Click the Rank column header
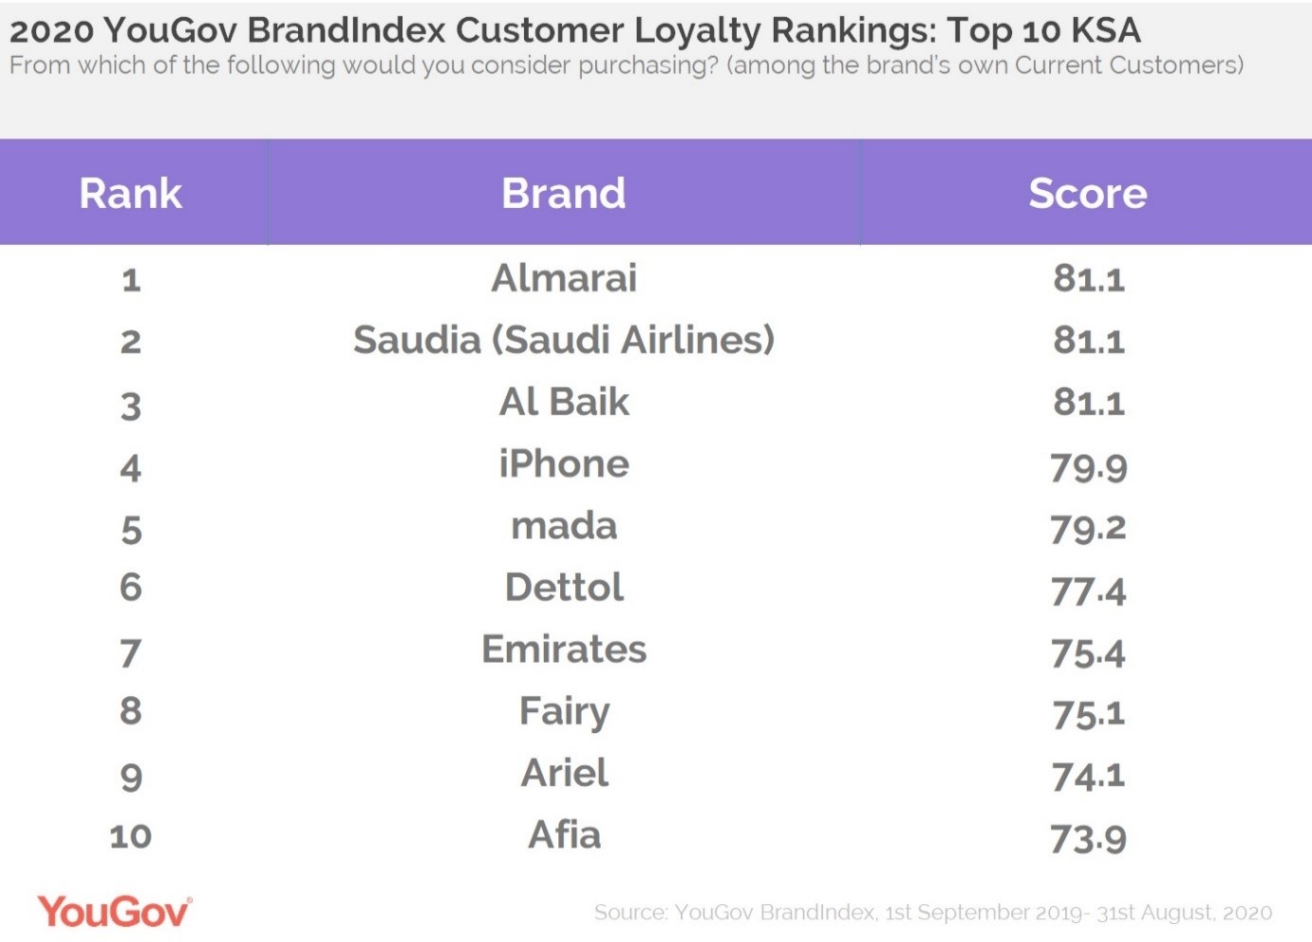coord(131,194)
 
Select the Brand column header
coord(564,194)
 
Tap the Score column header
coord(1088,194)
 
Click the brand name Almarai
coord(564,278)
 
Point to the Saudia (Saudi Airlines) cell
coord(564,340)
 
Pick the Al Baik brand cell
coord(564,402)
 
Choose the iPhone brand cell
coord(564,464)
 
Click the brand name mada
coord(564,526)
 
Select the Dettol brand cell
coord(564,588)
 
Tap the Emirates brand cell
coord(564,650)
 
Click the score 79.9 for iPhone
coord(1088,467)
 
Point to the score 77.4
coord(1088,592)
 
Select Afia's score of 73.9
coord(1088,838)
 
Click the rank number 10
coord(131,837)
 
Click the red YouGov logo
coord(114,913)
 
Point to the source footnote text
coord(932,913)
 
